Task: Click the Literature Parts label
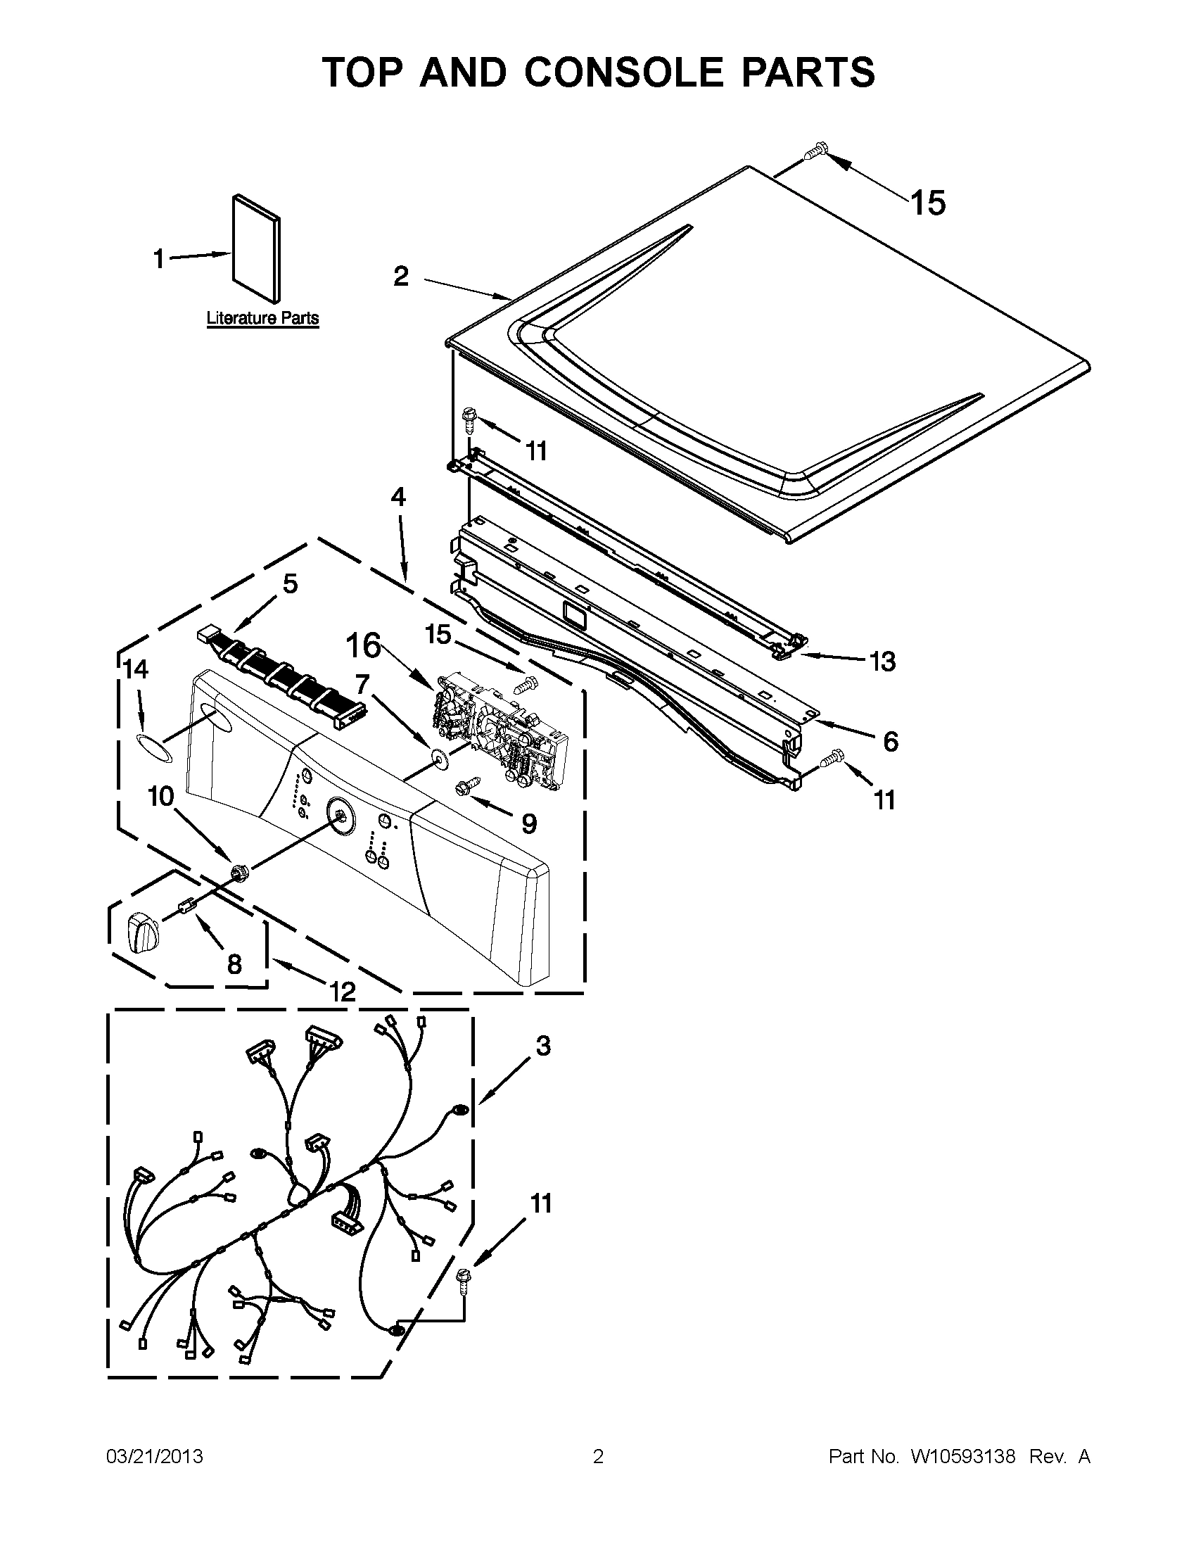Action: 262,318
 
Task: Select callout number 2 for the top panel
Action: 401,276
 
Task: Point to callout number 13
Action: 882,662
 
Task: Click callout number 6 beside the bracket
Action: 891,742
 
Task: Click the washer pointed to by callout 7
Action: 437,758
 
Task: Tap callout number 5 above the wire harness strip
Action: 290,583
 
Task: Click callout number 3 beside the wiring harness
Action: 542,1045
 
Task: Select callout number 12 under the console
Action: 343,991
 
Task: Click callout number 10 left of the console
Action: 160,797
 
